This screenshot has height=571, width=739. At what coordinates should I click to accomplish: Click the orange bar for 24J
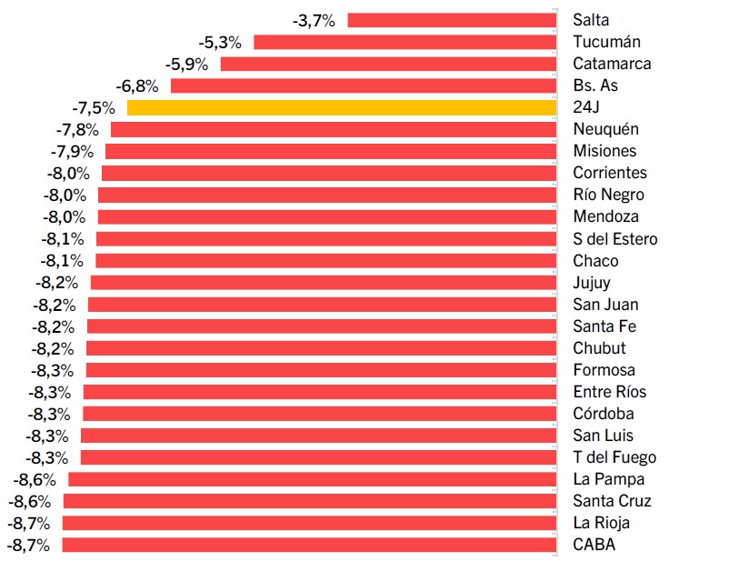(x=341, y=107)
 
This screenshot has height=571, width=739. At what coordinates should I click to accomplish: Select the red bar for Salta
(x=452, y=20)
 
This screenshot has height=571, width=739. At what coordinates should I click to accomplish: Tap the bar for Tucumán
(x=404, y=42)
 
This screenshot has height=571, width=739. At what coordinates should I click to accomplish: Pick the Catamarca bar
(x=388, y=64)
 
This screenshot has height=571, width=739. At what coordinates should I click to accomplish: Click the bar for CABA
(x=309, y=545)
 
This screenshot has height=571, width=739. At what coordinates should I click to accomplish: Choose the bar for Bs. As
(x=364, y=85)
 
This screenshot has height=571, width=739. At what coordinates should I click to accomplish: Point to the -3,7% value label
(x=314, y=20)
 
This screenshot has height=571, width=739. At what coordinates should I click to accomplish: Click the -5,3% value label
(x=219, y=42)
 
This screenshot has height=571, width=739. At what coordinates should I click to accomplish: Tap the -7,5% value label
(x=93, y=107)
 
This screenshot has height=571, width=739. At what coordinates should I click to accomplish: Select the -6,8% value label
(x=137, y=85)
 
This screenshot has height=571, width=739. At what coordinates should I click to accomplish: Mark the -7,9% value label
(x=72, y=151)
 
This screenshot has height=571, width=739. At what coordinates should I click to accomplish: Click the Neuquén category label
(x=605, y=129)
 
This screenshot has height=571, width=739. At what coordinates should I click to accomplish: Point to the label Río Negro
(x=608, y=195)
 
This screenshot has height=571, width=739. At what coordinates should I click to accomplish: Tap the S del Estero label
(x=615, y=239)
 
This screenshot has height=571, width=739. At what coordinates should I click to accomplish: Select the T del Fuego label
(x=614, y=457)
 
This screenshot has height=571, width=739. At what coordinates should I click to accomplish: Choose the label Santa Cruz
(x=612, y=501)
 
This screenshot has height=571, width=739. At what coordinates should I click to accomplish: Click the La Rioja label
(x=601, y=523)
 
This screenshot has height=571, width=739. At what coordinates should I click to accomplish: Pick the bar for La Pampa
(x=312, y=479)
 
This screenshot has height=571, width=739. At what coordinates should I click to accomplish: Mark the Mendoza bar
(x=327, y=217)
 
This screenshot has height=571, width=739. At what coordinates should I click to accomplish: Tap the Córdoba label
(x=604, y=414)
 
